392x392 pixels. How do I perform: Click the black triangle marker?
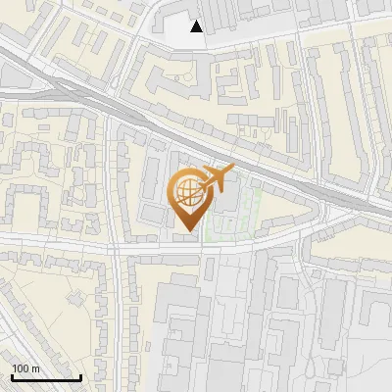click(x=197, y=26)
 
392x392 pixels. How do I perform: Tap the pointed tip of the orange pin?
click(x=187, y=231)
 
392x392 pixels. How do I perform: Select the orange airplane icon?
click(x=217, y=177)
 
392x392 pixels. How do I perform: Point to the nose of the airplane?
click(x=231, y=169)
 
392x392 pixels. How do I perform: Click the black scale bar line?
click(x=45, y=377)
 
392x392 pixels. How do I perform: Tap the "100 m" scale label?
click(x=25, y=368)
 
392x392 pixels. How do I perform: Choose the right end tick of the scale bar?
click(x=79, y=375)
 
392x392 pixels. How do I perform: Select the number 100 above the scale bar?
click(x=21, y=368)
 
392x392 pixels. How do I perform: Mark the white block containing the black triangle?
click(x=181, y=29)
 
